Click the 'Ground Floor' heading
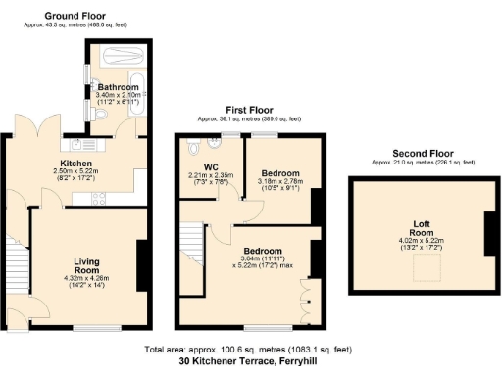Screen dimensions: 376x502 click(75, 17)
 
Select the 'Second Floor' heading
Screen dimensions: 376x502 click(423, 153)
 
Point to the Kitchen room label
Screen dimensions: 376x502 click(75, 164)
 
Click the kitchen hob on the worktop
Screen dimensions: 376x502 click(99, 199)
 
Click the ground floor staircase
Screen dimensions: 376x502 click(15, 258)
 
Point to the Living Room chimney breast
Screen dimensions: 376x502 click(141, 265)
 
